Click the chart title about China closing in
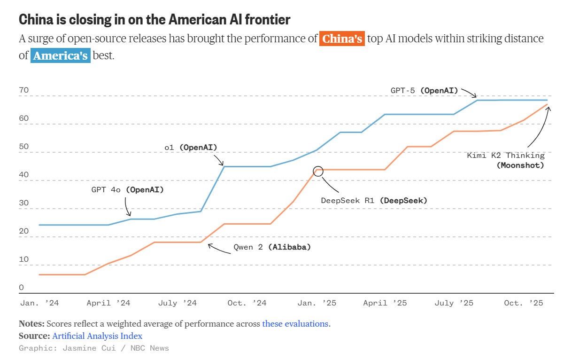coord(154,19)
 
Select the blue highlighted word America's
coord(60,55)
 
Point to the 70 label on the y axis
coord(24,90)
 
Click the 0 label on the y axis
coord(21,288)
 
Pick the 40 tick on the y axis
coord(24,175)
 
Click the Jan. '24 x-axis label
coord(39,303)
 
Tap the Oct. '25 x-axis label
coord(524,303)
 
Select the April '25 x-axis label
coord(385,303)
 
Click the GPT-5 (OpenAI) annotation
coord(424,90)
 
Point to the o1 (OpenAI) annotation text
coord(191,148)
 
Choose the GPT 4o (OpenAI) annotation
coord(128,190)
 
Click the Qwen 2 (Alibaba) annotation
coord(272,247)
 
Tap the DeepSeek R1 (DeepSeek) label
coord(374,201)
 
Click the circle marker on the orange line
coord(318,171)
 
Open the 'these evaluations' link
coord(295,324)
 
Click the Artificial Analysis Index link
coord(97,336)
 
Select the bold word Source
coord(34,336)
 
